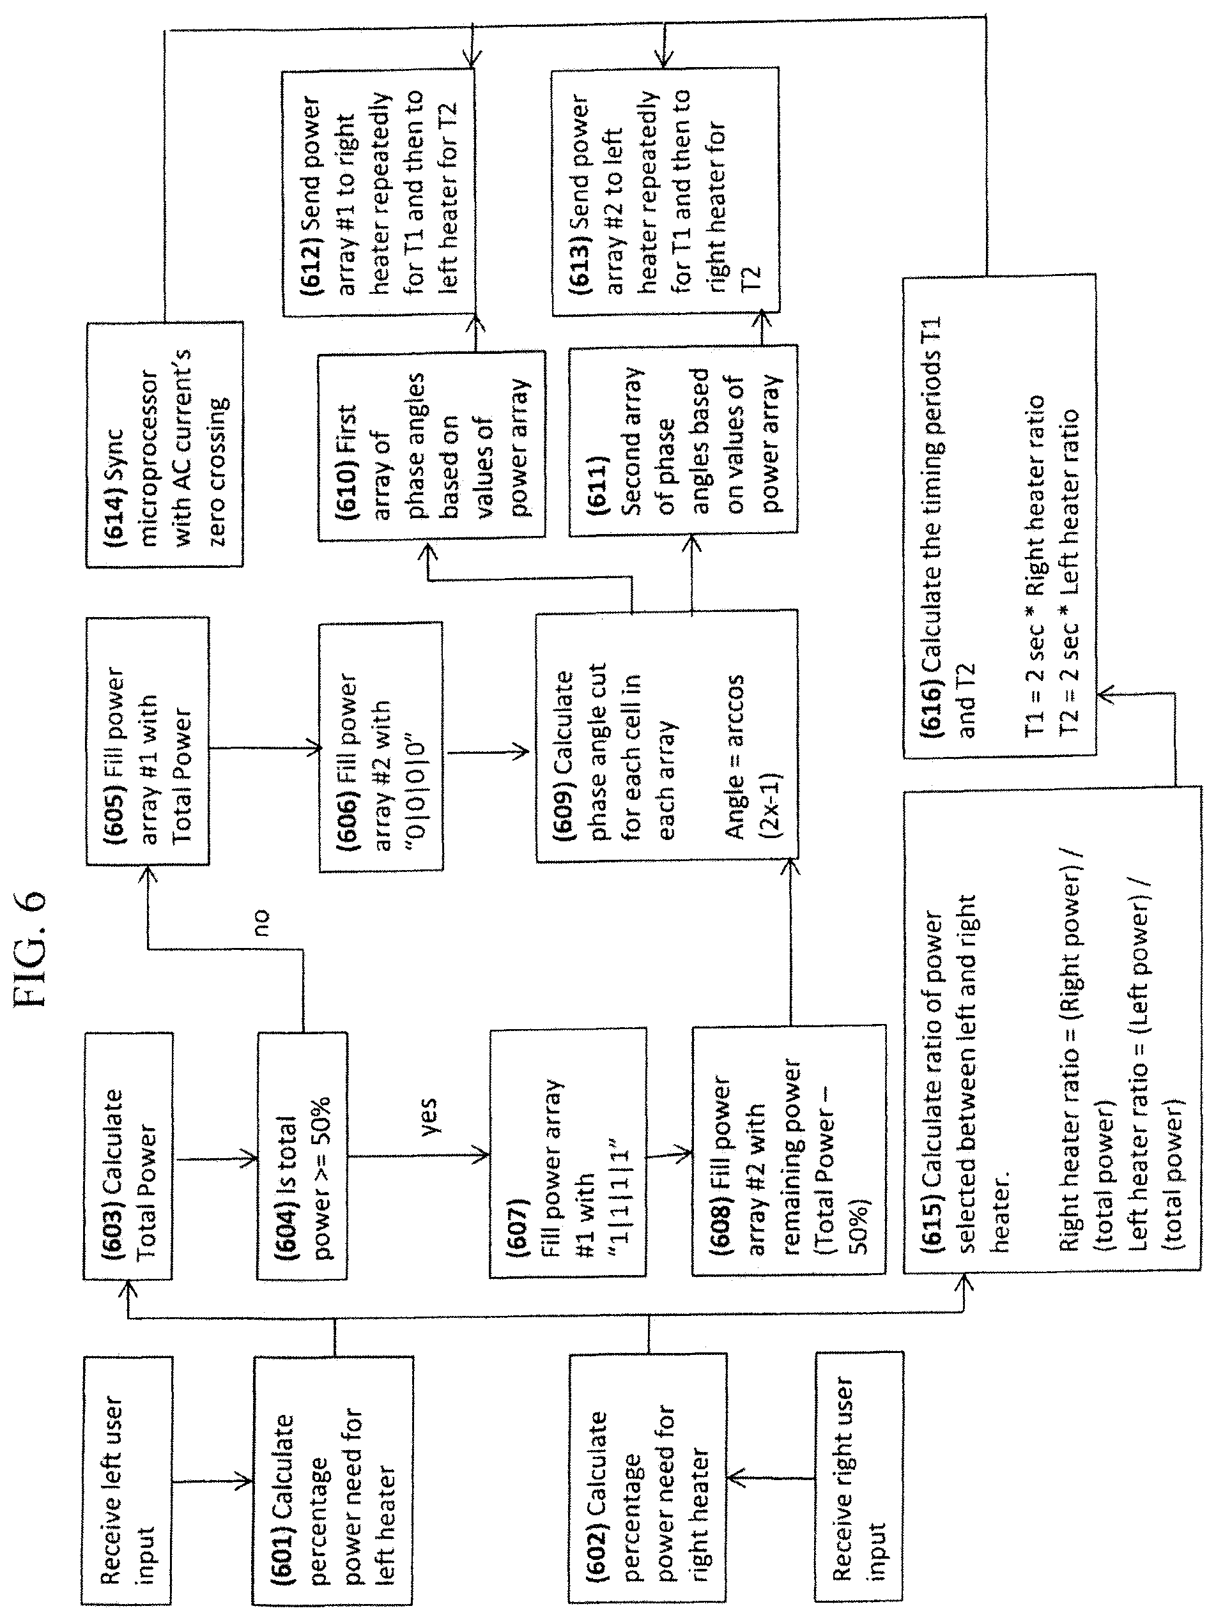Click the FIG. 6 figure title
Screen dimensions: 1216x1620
[x=31, y=949]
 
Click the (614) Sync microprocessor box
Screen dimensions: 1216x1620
[x=165, y=445]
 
